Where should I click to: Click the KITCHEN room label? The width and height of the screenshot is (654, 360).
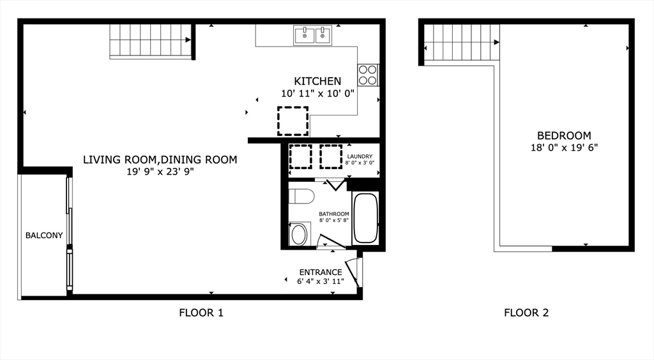pos(317,81)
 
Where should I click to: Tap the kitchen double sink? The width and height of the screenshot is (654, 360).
pos(313,35)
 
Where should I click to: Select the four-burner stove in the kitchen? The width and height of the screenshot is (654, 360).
pos(368,75)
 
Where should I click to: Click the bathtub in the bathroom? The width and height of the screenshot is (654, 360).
pos(366,218)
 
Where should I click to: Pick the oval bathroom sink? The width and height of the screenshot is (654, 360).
pos(299,235)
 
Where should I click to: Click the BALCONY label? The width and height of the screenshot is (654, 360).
pos(44,236)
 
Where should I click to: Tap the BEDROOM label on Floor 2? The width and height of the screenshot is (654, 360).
pos(563,135)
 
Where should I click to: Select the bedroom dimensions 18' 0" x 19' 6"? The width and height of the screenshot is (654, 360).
pos(563,147)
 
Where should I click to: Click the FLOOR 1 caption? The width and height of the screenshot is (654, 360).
pos(201,313)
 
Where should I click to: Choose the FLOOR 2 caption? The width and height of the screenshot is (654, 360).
pos(526,313)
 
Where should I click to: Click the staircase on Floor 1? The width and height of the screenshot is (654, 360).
pos(151,41)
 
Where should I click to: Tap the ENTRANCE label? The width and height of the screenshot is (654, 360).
pos(321,272)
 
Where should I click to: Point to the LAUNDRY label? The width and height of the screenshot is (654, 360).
pos(360,156)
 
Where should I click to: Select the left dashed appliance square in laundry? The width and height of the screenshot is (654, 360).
pos(300,156)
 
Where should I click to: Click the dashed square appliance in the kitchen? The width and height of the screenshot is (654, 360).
pos(293,121)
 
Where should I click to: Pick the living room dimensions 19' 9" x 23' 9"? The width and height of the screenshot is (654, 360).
pos(160,172)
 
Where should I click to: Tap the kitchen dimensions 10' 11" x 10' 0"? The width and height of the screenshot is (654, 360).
pos(317,93)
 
